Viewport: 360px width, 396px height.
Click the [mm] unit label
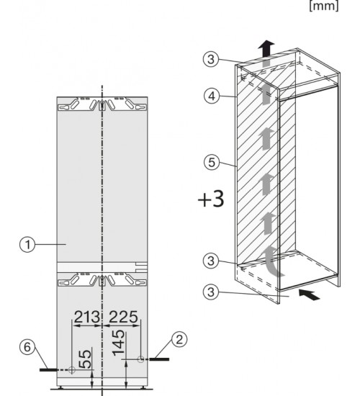pyautogui.click(x=324, y=6)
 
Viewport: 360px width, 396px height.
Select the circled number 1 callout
pyautogui.click(x=27, y=245)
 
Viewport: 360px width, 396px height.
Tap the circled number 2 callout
pyautogui.click(x=179, y=340)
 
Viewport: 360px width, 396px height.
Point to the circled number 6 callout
pyautogui.click(x=27, y=347)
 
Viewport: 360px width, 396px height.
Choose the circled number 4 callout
pyautogui.click(x=212, y=96)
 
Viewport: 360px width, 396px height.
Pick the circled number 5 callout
pyautogui.click(x=212, y=162)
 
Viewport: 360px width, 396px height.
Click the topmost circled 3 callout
pyautogui.click(x=211, y=59)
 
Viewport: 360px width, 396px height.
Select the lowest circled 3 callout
pyautogui.click(x=211, y=292)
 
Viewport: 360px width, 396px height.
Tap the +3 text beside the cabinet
pyautogui.click(x=211, y=199)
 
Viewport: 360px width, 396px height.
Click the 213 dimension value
pyautogui.click(x=86, y=317)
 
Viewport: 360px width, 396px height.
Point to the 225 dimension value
pyautogui.click(x=124, y=317)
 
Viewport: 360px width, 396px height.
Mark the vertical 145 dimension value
pyautogui.click(x=119, y=343)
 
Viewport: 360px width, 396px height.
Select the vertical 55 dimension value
pyautogui.click(x=86, y=359)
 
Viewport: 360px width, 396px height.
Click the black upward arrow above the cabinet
pyautogui.click(x=266, y=48)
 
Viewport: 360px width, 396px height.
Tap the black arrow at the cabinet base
pyautogui.click(x=309, y=294)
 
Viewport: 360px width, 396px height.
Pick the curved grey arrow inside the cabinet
pyautogui.click(x=272, y=262)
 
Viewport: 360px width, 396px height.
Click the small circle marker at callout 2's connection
pyautogui.click(x=141, y=359)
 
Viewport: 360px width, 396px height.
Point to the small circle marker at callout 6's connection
pyautogui.click(x=72, y=370)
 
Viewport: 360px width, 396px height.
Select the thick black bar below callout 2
pyautogui.click(x=159, y=359)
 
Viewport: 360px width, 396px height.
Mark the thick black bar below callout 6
pyautogui.click(x=49, y=370)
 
